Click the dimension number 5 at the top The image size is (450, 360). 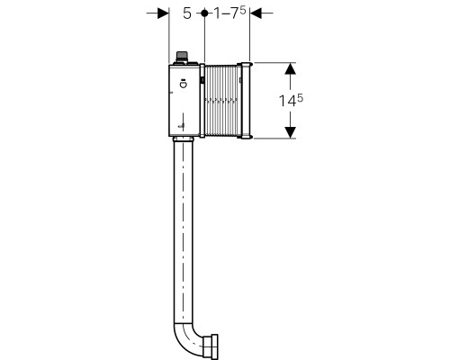[187, 13]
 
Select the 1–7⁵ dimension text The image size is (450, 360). [229, 13]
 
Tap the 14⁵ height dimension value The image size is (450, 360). [291, 100]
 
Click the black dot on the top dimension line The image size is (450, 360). [204, 13]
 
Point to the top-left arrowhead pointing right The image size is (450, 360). [164, 13]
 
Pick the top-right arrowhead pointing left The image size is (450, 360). [256, 13]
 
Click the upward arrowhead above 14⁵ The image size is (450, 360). [290, 68]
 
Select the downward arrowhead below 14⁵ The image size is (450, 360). [290, 132]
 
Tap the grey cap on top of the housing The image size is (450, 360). [182, 56]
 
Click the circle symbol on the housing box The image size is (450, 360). [183, 85]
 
